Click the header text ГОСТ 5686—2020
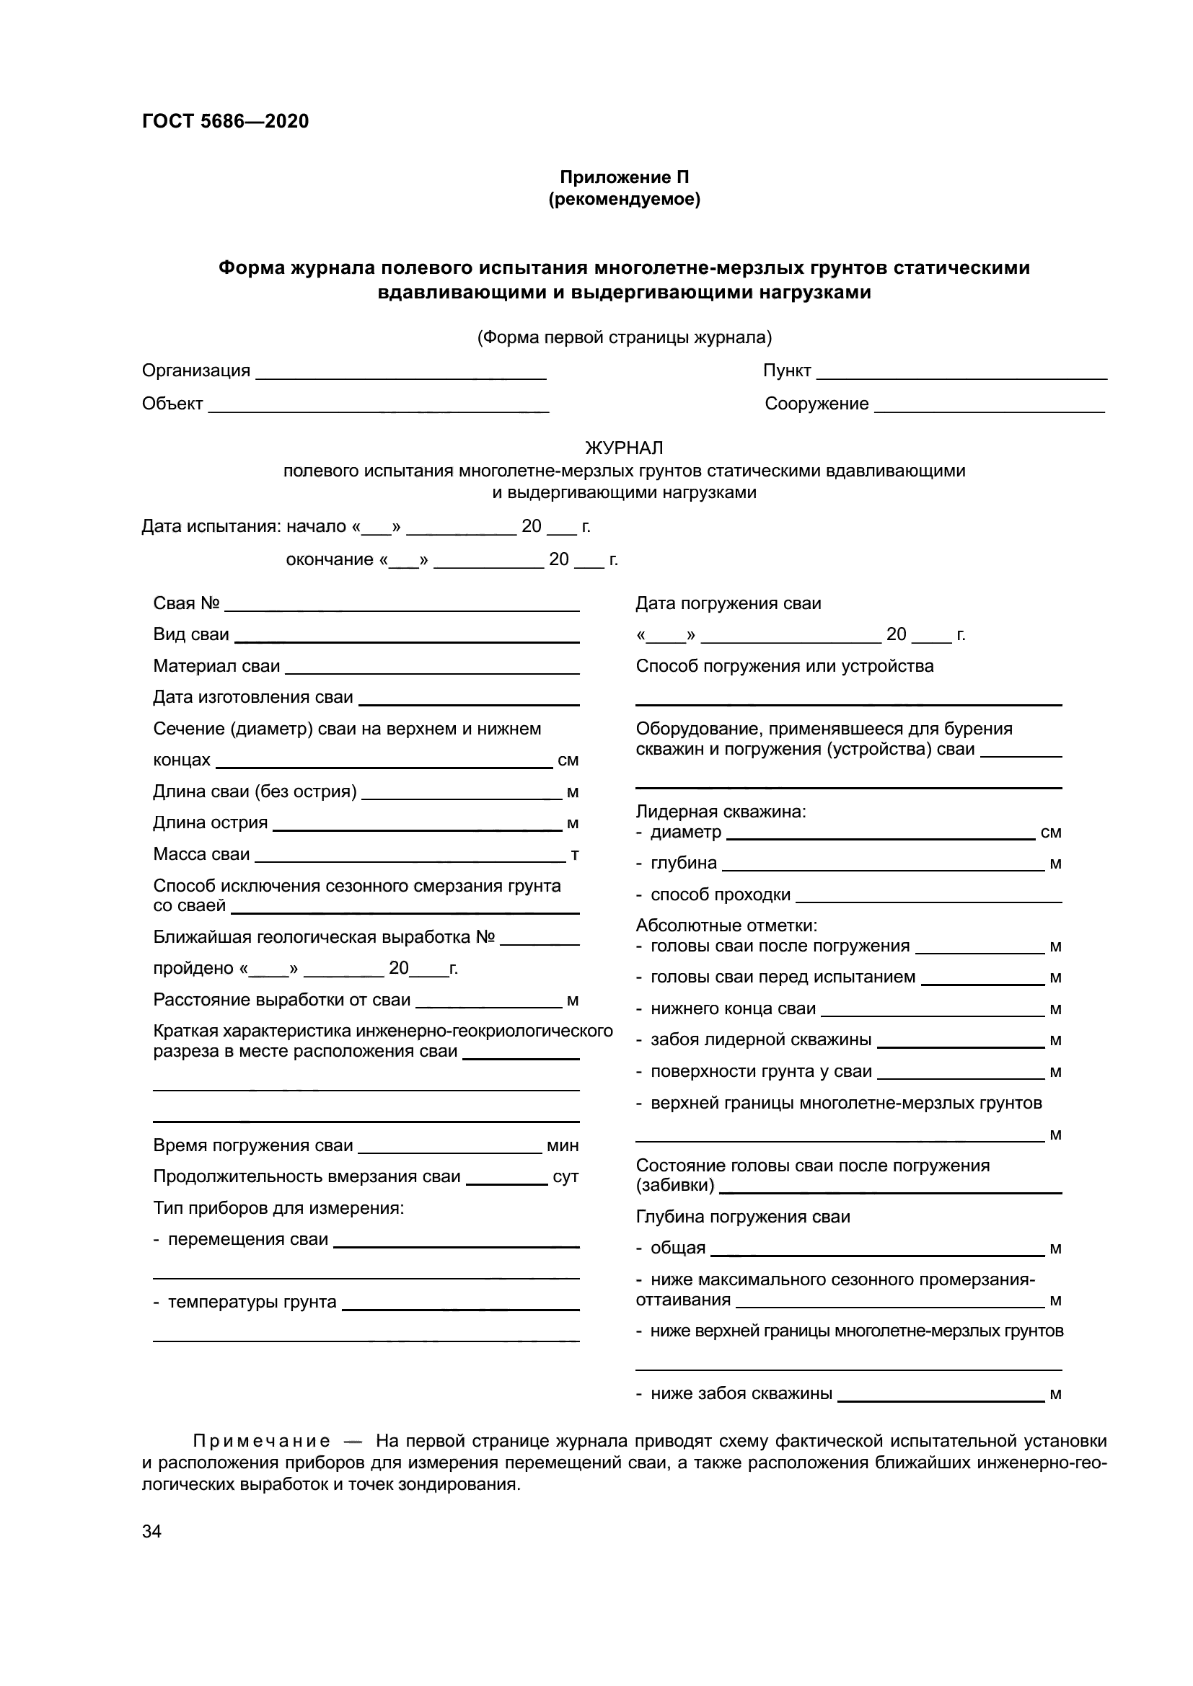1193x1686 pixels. point(225,121)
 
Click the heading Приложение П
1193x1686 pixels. point(624,177)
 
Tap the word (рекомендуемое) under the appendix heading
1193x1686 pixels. point(624,199)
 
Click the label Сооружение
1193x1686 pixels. point(816,404)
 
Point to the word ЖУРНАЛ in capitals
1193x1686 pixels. point(624,447)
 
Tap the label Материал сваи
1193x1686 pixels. point(216,666)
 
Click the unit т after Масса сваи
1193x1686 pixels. point(574,855)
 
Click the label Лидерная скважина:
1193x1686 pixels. point(721,812)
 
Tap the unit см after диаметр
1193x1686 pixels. point(1050,833)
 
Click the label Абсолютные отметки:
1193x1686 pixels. point(726,926)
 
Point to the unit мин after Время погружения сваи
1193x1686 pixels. point(562,1145)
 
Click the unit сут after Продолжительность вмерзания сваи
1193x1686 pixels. point(565,1177)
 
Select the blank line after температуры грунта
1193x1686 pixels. point(461,1308)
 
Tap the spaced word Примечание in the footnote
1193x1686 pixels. point(261,1442)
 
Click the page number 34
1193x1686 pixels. point(152,1531)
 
